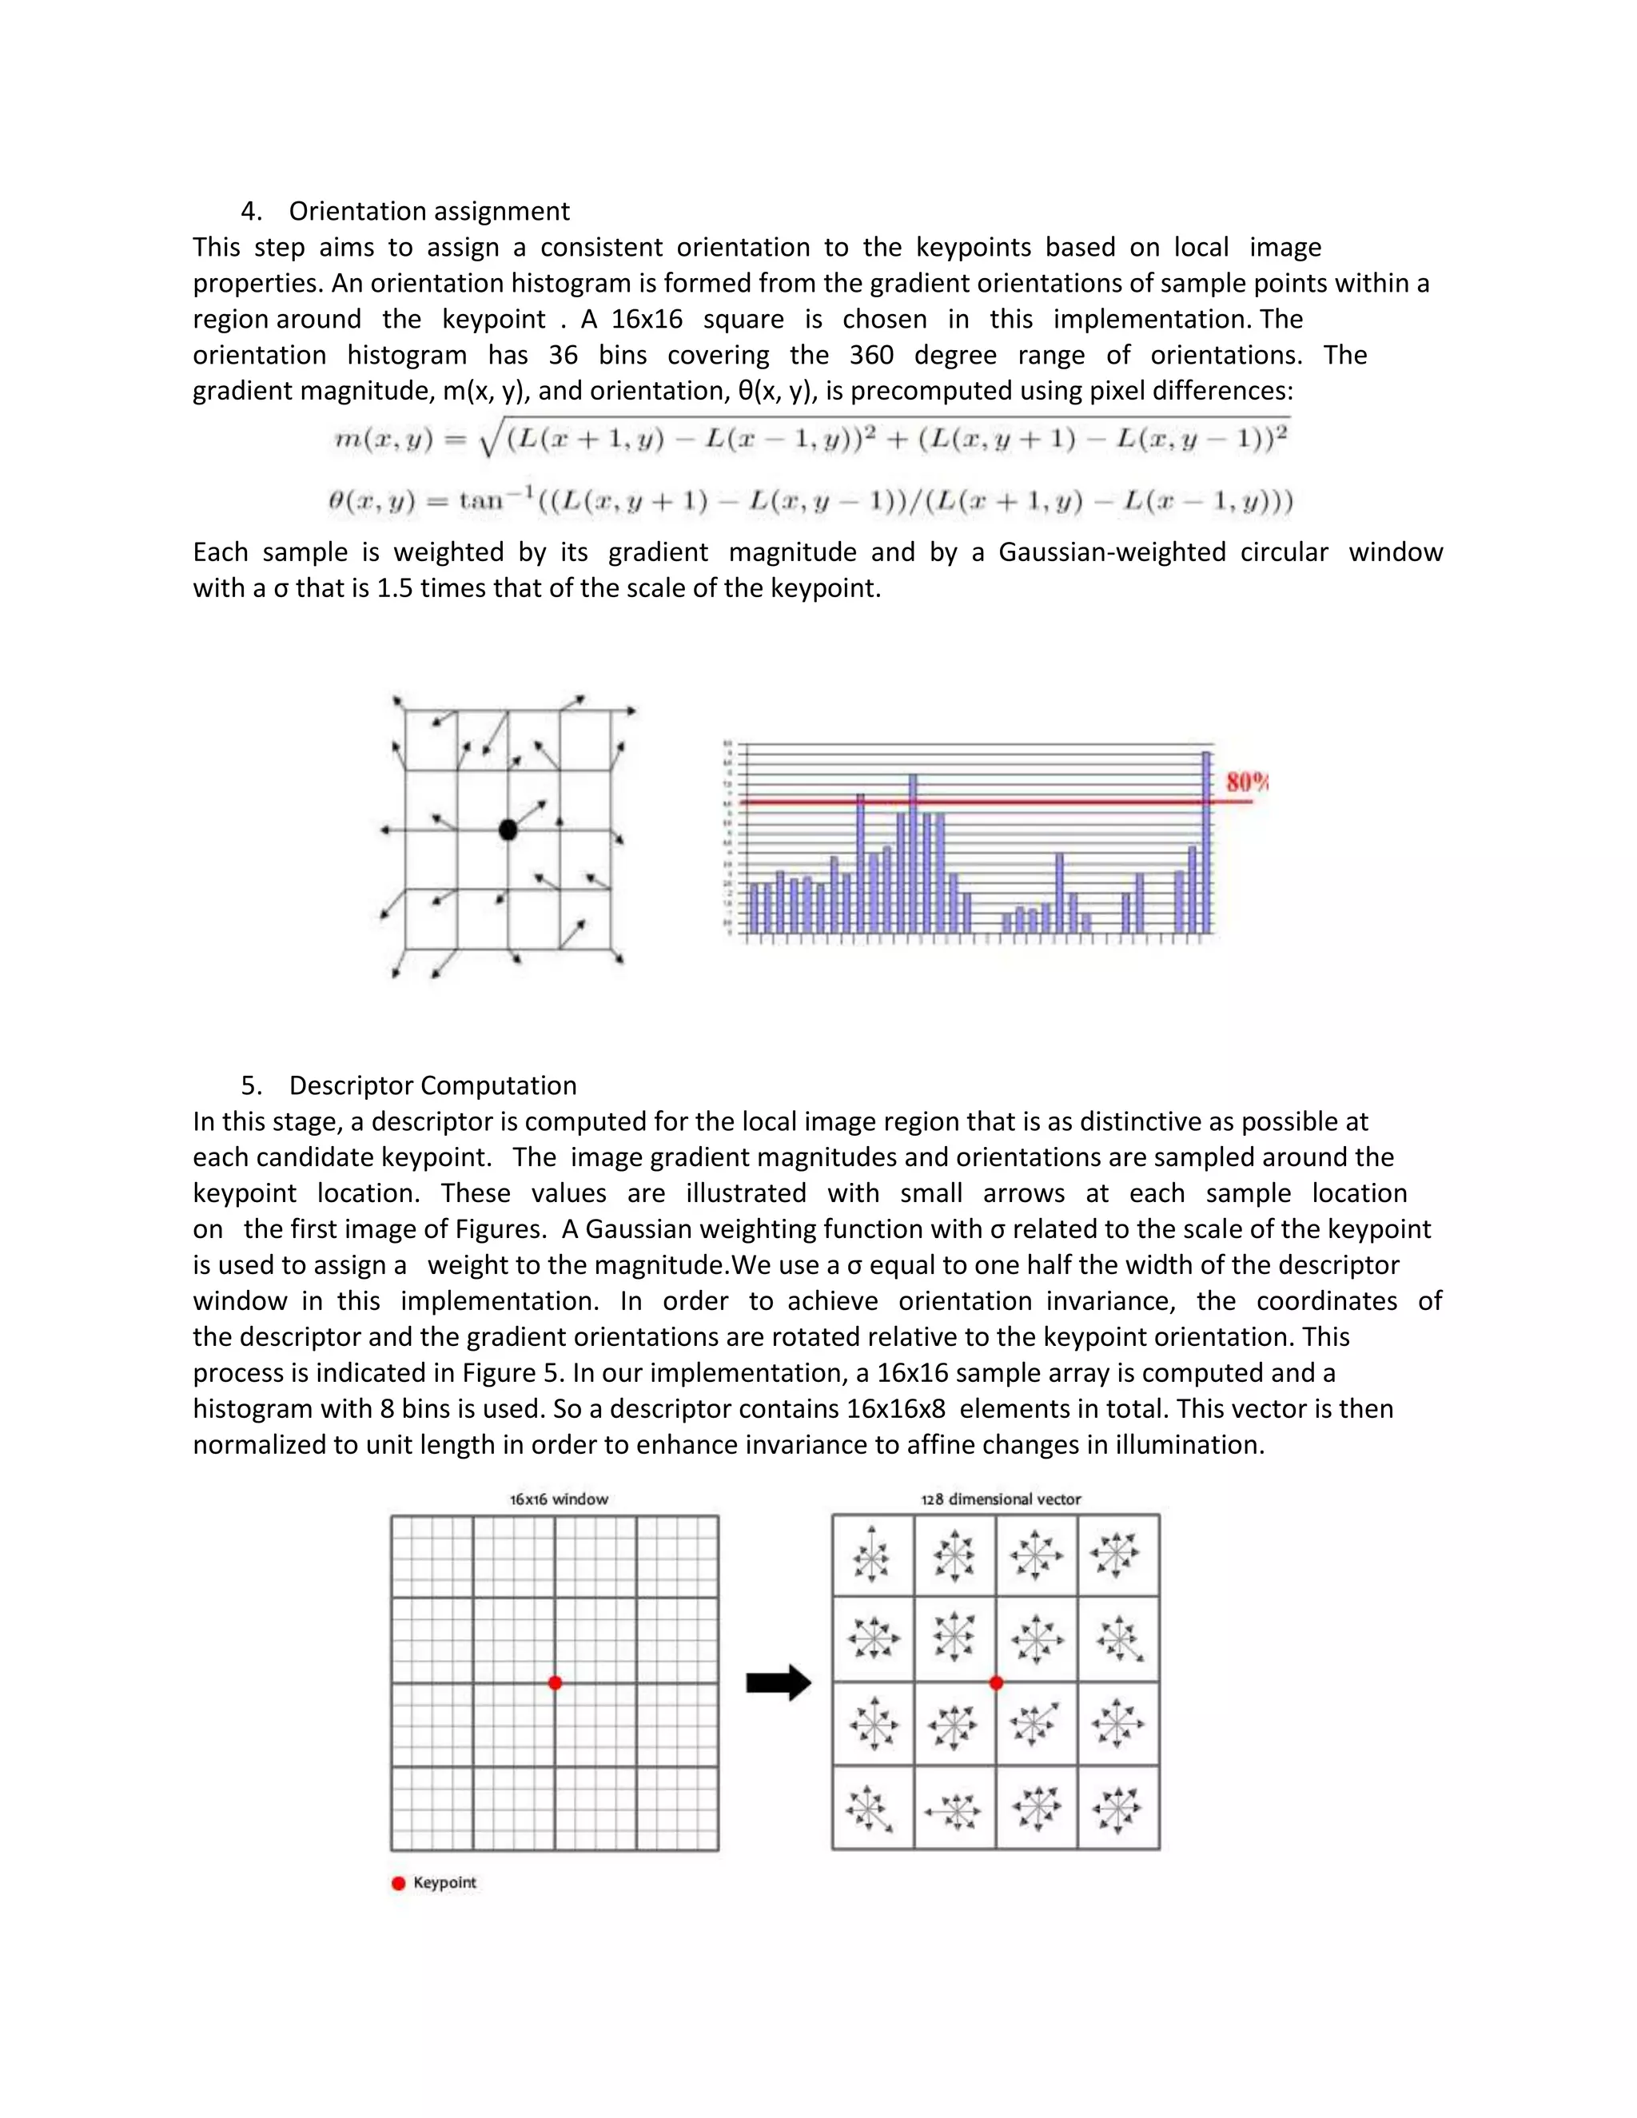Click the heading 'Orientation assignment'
tap(428, 212)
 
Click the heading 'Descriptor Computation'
tap(432, 1085)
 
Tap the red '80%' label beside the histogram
tap(1247, 782)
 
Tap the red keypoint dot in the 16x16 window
tap(555, 1682)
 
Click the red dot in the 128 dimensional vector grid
tap(996, 1682)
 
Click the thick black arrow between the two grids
tap(778, 1683)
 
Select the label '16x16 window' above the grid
tap(559, 1499)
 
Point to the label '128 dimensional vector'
tap(1001, 1499)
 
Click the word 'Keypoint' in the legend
tap(444, 1883)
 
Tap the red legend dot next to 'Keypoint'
tap(397, 1883)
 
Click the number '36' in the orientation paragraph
tap(563, 355)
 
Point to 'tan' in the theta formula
tap(482, 501)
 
